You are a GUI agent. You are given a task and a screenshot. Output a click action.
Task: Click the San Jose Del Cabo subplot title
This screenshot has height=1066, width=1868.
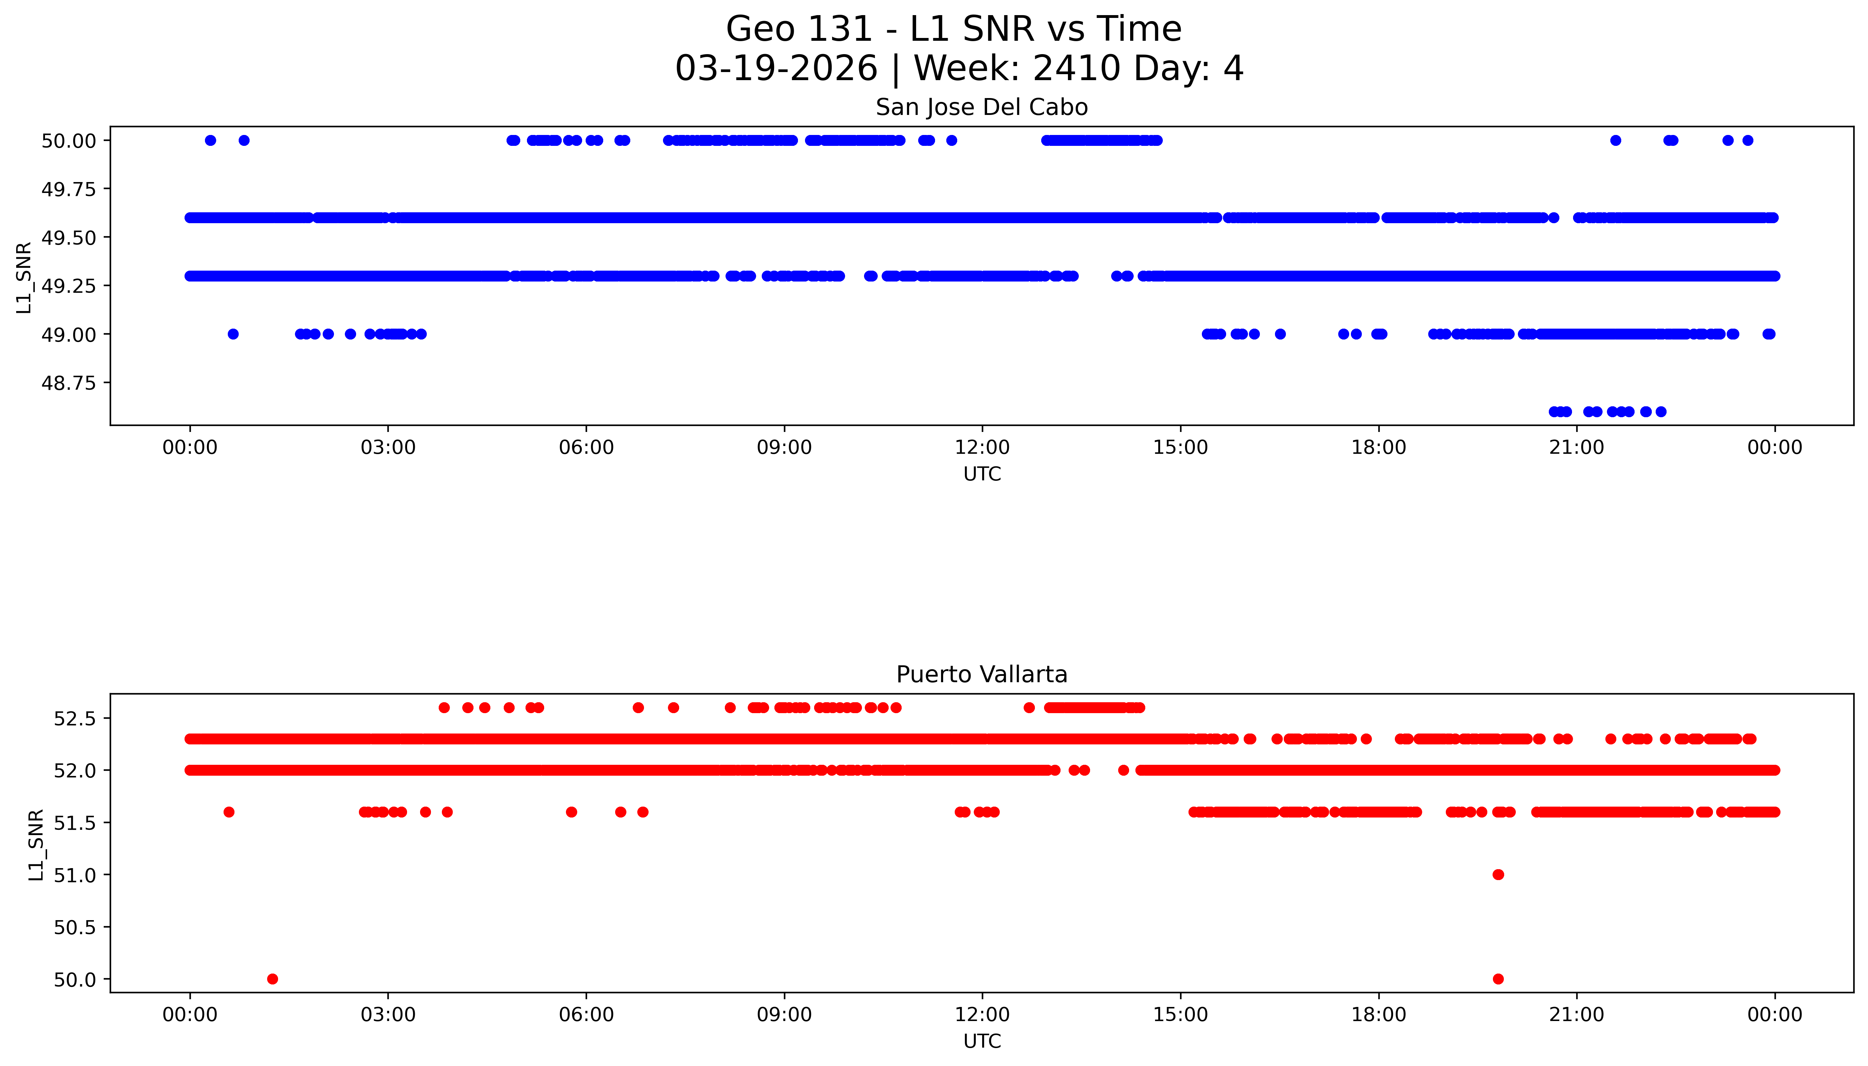981,108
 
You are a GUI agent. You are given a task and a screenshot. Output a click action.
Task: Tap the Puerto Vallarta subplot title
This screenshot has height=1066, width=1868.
981,674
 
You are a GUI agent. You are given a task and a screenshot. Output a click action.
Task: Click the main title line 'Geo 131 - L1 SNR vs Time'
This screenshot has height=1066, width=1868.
953,29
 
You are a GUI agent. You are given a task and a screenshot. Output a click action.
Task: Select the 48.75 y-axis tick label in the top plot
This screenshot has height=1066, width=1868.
68,383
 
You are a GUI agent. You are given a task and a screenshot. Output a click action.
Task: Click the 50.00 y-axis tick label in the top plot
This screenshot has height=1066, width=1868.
68,141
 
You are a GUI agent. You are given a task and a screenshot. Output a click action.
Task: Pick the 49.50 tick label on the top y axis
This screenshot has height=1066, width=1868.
68,237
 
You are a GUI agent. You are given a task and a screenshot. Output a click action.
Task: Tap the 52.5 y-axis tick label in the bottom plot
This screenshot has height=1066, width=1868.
75,718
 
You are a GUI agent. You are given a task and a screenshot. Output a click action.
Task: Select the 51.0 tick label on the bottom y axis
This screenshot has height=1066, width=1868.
75,875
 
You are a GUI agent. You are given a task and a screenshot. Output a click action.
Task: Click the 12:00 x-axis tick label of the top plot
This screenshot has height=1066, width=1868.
982,447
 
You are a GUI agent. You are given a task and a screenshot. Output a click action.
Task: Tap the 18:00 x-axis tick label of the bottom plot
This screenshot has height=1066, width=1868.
1378,1015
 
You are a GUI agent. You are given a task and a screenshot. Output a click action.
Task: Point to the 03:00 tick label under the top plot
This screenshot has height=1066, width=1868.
388,447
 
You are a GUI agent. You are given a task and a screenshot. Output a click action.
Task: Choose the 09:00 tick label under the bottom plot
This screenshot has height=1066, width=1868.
784,1015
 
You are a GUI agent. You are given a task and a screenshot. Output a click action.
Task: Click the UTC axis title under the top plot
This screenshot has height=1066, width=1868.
982,474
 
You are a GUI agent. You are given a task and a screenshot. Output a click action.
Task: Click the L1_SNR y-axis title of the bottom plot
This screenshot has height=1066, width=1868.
37,844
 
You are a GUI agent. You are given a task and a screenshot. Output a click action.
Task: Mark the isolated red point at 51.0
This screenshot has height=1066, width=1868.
1498,875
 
